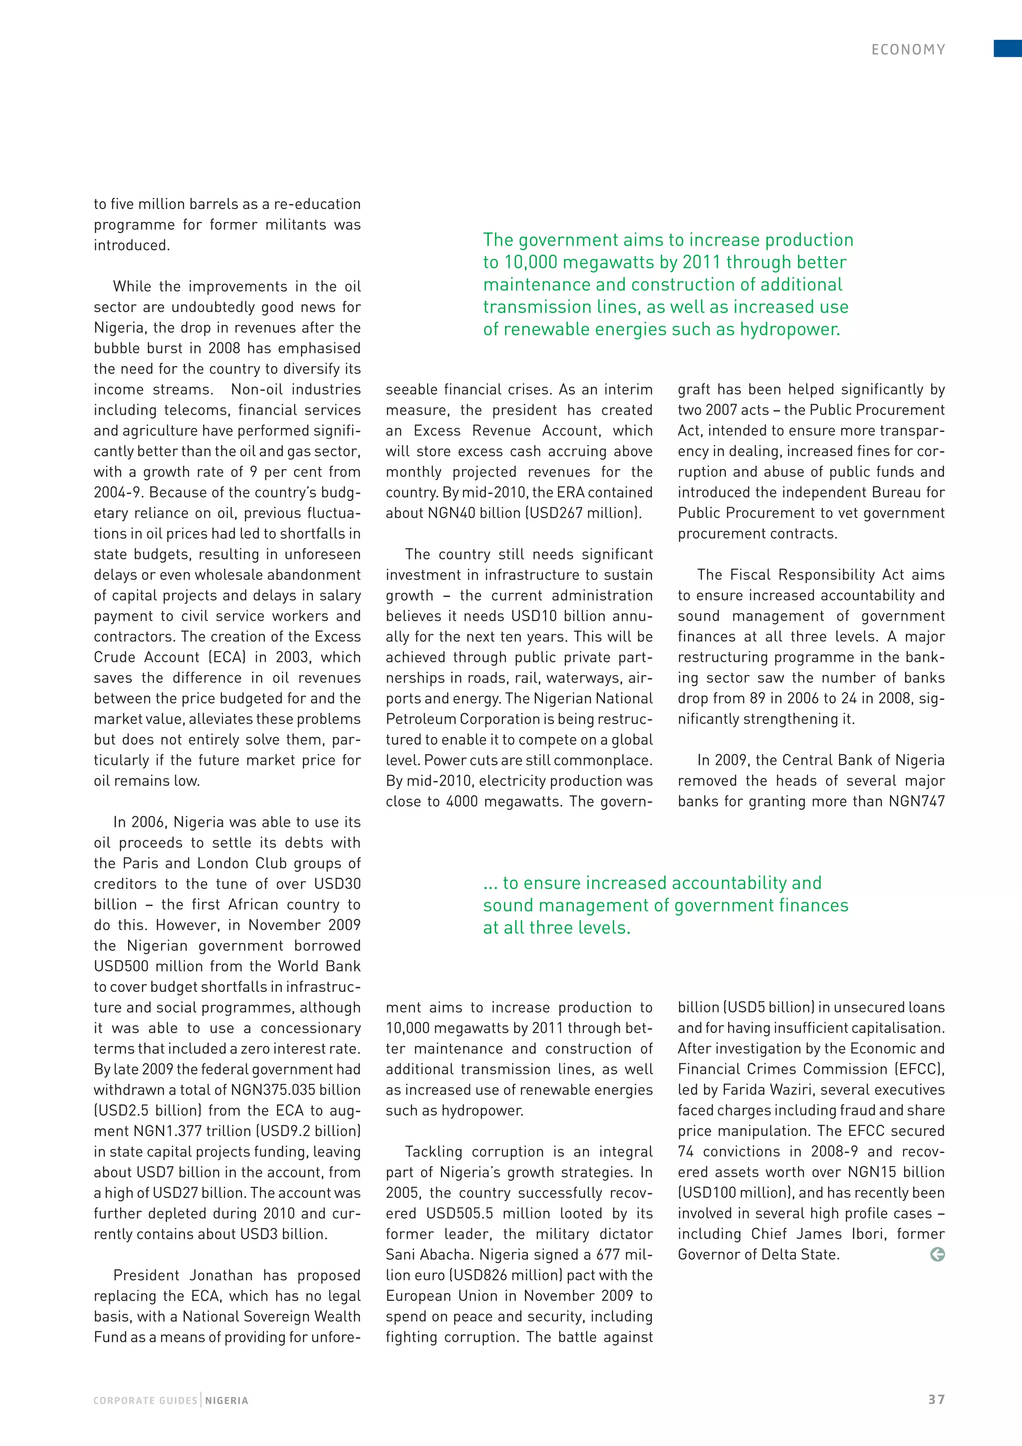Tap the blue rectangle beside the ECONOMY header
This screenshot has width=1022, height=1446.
[x=1008, y=48]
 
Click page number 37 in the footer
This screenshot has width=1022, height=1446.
[x=936, y=1400]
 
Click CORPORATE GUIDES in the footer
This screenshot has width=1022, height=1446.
[x=145, y=1401]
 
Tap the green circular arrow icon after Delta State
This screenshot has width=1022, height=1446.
[x=937, y=1254]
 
